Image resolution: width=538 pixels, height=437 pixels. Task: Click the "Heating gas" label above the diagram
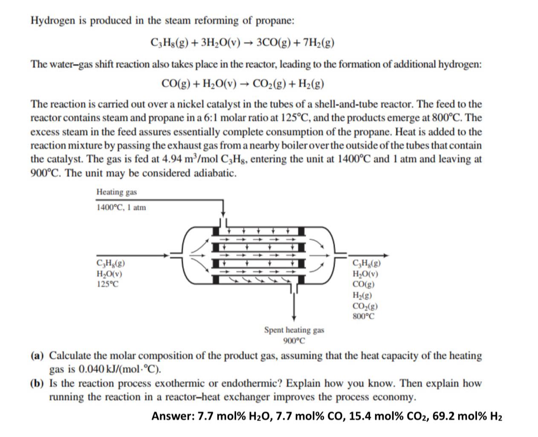[x=116, y=192]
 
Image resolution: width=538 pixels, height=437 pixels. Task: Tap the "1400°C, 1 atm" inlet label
[x=121, y=208]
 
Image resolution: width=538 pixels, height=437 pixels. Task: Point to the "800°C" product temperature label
[x=364, y=316]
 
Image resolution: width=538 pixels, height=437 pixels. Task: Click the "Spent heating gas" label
[x=294, y=330]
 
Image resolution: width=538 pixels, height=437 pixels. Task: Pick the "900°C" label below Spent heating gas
[x=294, y=341]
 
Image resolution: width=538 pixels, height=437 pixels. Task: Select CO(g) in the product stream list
[x=364, y=285]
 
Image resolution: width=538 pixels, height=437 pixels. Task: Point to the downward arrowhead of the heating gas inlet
[x=223, y=213]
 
